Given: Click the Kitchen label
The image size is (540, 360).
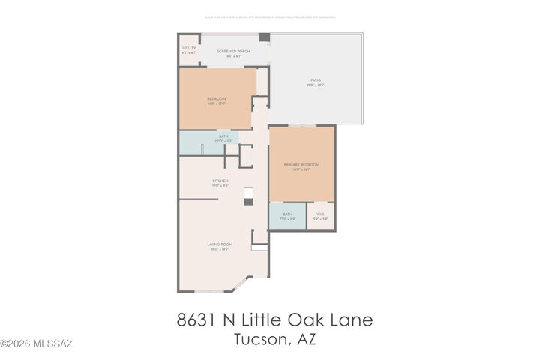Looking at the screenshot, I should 220,182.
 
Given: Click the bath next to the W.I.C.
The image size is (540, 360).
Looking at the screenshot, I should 287,216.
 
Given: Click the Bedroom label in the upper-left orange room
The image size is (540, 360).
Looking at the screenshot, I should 217,100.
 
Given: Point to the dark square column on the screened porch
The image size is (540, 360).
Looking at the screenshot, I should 264,37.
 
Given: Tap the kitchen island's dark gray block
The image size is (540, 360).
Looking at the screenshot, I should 249,193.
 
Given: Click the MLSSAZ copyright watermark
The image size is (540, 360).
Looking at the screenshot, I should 36,344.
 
